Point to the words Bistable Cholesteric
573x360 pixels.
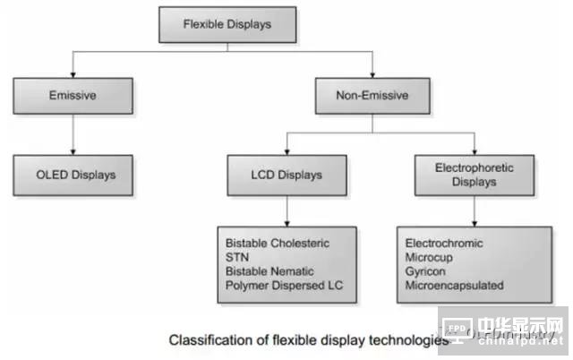[278, 244]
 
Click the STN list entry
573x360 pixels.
[238, 257]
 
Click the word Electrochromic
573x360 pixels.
[444, 244]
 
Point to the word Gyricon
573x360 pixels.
[426, 270]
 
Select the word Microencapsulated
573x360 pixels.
[454, 285]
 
